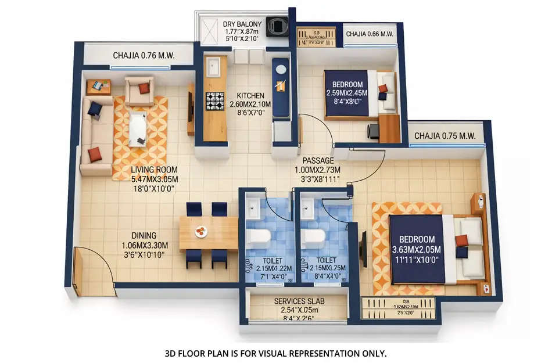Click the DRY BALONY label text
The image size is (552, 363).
tap(243, 24)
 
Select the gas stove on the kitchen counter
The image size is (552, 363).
tap(214, 101)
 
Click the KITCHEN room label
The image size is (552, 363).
tap(250, 96)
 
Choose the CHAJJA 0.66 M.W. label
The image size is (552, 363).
tap(370, 34)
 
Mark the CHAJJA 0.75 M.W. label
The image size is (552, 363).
tap(445, 136)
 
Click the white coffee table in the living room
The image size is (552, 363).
tap(138, 128)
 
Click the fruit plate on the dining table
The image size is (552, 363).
tap(201, 231)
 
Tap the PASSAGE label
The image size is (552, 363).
tap(317, 160)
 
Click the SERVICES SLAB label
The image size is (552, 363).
tap(299, 301)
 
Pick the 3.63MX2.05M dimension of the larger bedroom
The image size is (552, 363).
tap(417, 249)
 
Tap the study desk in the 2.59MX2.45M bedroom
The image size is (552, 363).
tap(389, 128)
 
